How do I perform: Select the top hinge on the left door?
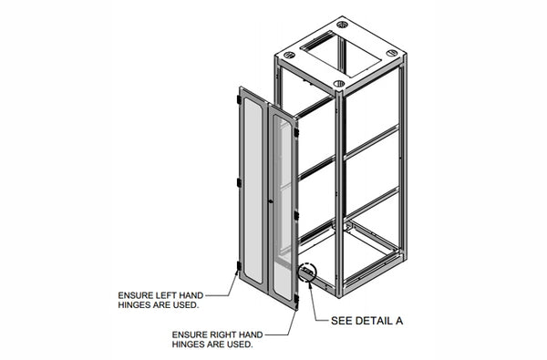pyautogui.click(x=241, y=94)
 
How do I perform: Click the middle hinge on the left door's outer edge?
pyautogui.click(x=240, y=183)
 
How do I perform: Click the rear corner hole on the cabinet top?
pyautogui.click(x=341, y=24)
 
